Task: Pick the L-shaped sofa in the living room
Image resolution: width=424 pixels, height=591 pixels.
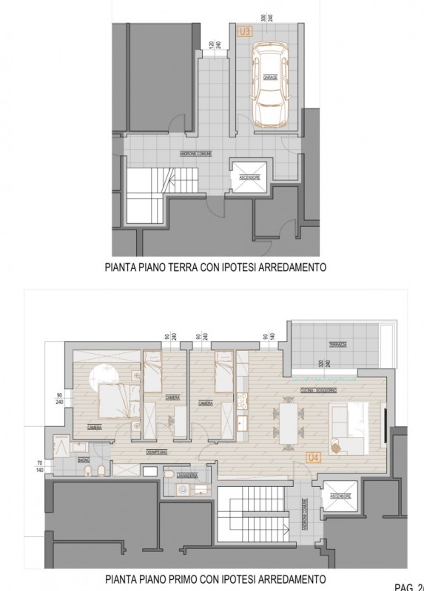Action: tap(351, 428)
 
